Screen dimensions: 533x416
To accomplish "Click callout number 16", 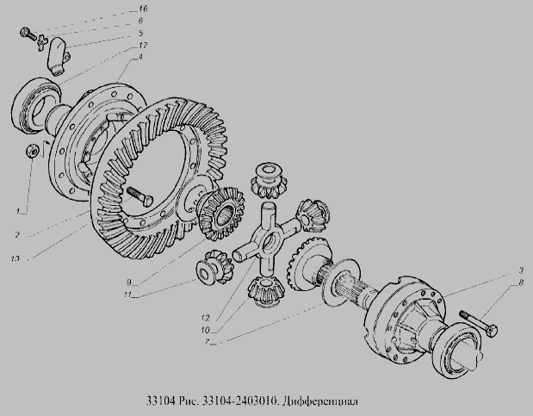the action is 143,9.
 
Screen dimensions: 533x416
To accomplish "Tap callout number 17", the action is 142,46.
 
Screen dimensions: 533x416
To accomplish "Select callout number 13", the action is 15,259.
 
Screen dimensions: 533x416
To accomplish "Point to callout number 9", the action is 129,282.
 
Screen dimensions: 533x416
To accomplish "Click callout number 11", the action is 127,295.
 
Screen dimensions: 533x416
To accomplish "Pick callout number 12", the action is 205,318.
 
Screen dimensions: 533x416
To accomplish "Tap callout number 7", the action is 207,342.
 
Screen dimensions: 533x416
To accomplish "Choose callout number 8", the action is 521,283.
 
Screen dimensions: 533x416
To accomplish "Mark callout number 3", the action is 521,270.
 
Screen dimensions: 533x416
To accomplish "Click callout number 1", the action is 18,211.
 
